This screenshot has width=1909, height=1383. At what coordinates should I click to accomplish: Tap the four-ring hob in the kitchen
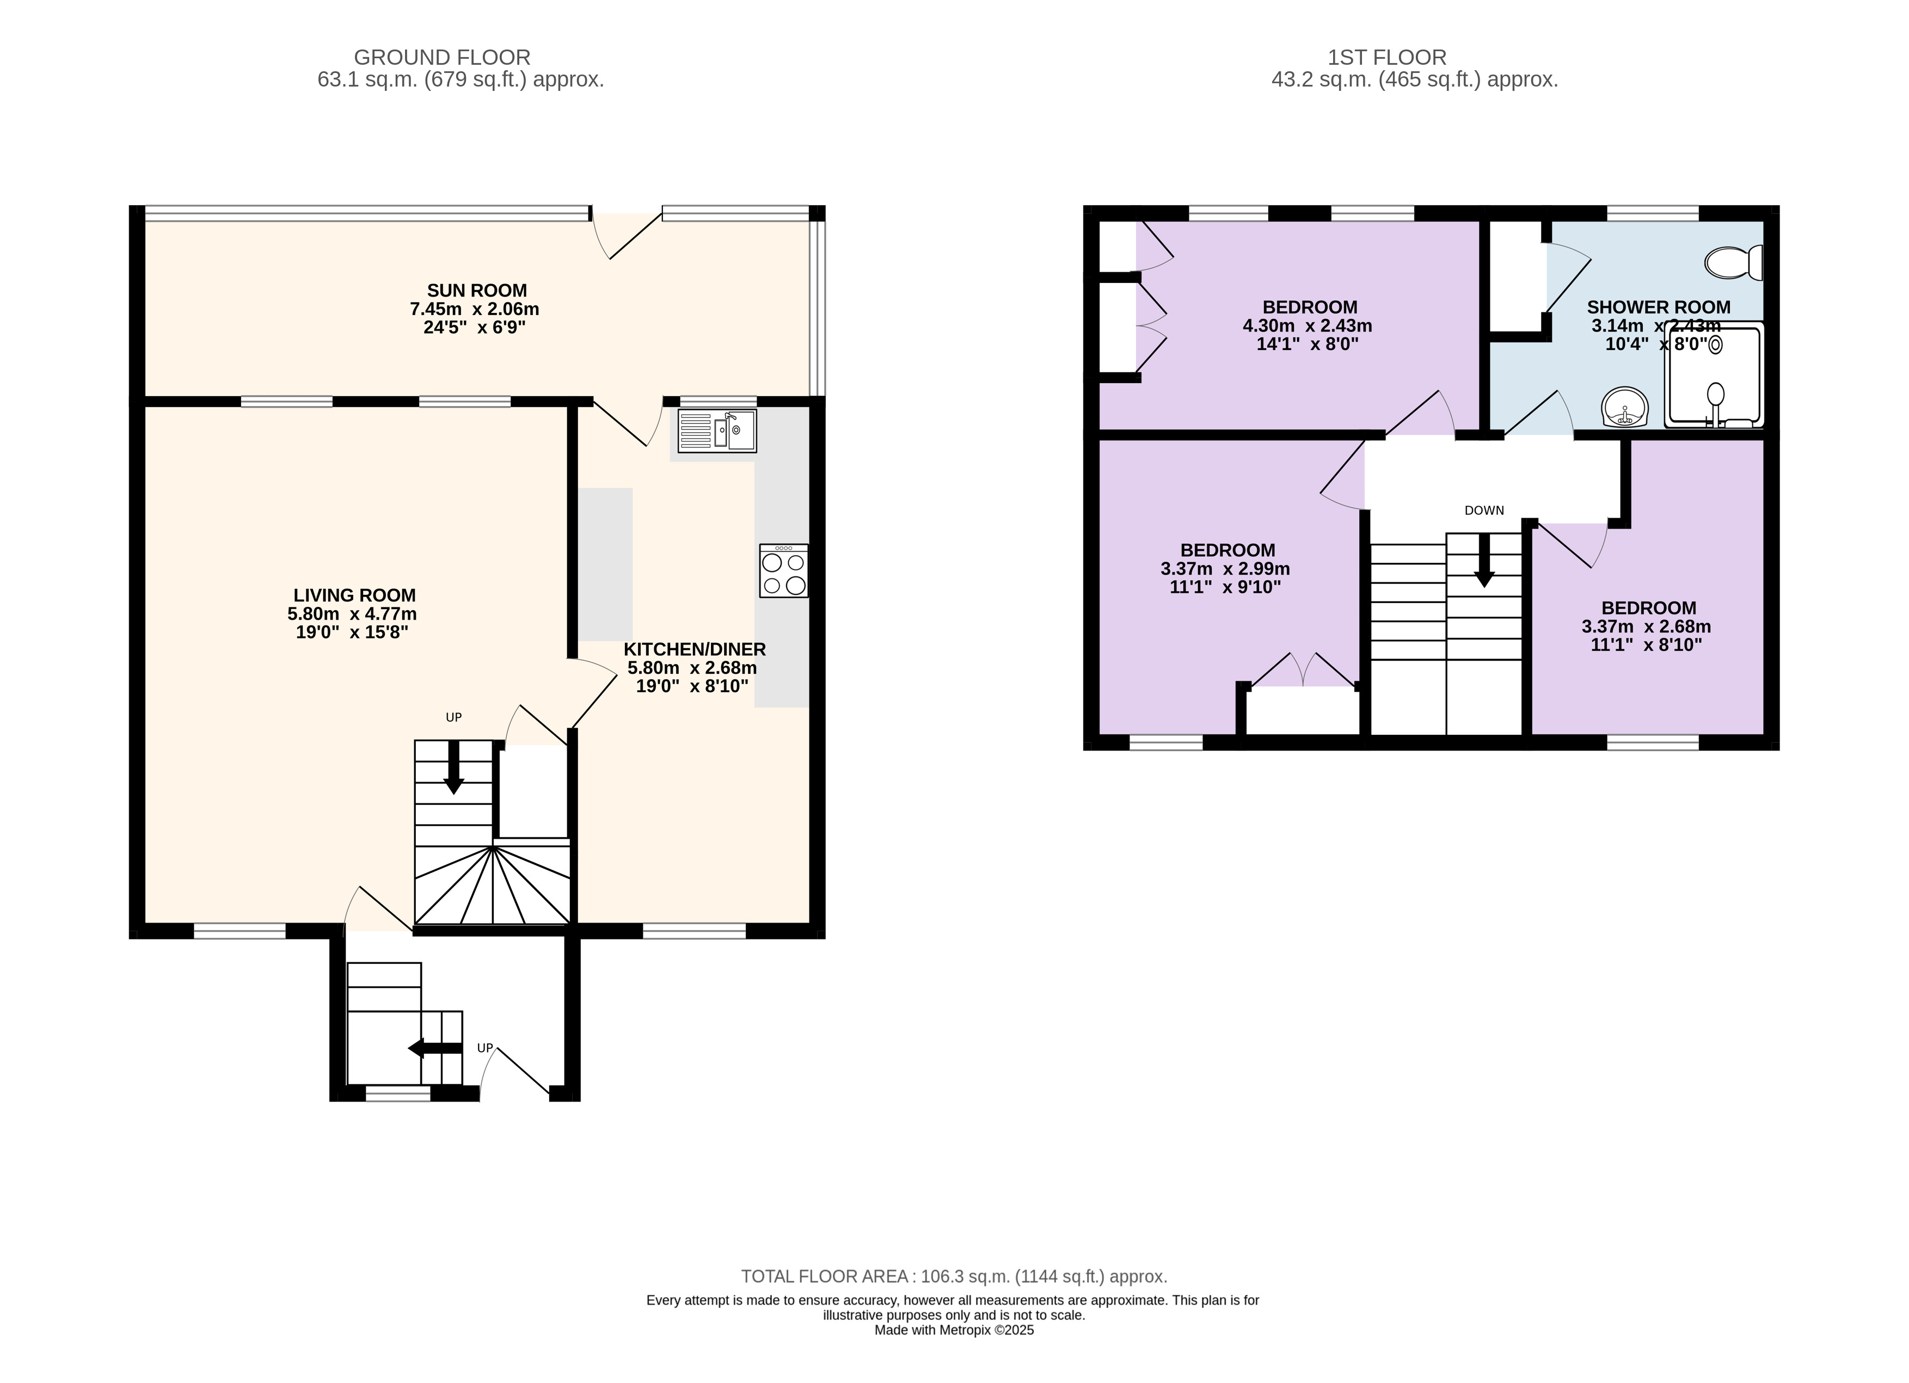[784, 571]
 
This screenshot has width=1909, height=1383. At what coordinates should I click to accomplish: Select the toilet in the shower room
[1734, 263]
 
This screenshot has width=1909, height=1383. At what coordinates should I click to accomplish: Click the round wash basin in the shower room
[1624, 408]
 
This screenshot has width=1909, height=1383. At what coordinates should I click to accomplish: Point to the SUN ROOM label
[476, 291]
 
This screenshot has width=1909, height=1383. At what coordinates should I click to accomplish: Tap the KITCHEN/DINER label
[695, 649]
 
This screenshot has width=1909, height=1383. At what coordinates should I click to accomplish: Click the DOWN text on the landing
[1484, 510]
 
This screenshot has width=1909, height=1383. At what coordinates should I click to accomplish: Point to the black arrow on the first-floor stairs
[1484, 560]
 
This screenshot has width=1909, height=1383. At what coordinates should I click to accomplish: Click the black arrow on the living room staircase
[453, 767]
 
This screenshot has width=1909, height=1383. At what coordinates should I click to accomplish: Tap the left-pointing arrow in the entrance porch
[435, 1048]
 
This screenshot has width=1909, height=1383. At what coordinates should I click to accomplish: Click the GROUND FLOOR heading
[442, 57]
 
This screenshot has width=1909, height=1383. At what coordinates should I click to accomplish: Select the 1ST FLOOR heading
[1387, 57]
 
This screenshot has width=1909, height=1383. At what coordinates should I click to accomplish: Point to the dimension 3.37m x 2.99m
[1225, 569]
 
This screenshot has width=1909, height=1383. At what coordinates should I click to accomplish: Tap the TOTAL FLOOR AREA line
[955, 1276]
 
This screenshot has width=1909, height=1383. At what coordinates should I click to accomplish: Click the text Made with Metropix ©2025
[955, 1330]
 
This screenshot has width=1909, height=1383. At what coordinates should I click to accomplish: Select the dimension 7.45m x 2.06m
[475, 309]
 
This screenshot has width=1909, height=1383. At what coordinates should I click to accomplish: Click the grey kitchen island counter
[605, 564]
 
